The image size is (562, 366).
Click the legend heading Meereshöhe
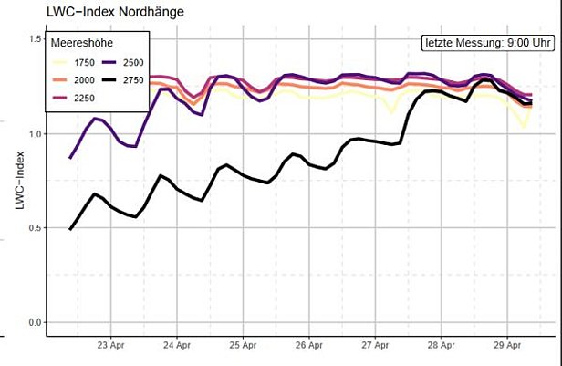click(x=81, y=43)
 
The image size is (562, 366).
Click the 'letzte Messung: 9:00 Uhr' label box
click(x=486, y=43)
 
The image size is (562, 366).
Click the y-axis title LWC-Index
click(x=19, y=182)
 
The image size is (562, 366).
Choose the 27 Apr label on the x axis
click(x=375, y=345)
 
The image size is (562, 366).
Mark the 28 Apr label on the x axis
click(x=441, y=345)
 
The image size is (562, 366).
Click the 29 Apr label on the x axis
click(x=506, y=345)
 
